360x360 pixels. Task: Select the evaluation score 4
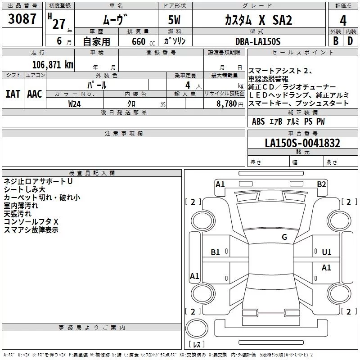coord(343,21)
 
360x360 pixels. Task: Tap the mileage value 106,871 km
coord(52,64)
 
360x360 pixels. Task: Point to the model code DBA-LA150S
coord(257,41)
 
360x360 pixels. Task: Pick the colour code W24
coord(75,103)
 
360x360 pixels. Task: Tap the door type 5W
coord(175,21)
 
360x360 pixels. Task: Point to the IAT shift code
coord(13,94)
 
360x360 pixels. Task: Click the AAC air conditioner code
coord(35,94)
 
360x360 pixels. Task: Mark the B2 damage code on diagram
coord(321,184)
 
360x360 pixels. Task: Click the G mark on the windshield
coord(284,237)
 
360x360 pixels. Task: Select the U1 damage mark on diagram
coord(327,252)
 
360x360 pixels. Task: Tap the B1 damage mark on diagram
coord(216,252)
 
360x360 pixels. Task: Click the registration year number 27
coord(59,24)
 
